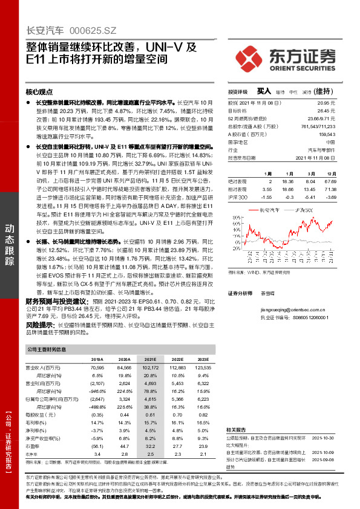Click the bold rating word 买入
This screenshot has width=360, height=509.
[x=264, y=91]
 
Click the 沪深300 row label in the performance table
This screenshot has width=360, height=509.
[x=238, y=197]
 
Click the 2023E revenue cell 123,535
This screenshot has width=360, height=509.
[x=204, y=367]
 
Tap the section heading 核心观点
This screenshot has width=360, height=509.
[x=39, y=92]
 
